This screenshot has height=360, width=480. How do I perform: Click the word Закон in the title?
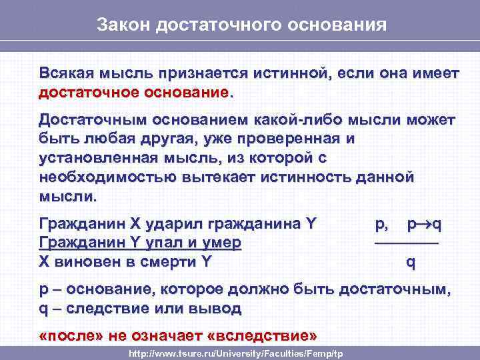pyautogui.click(x=121, y=25)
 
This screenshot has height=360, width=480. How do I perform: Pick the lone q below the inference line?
pyautogui.click(x=411, y=263)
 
